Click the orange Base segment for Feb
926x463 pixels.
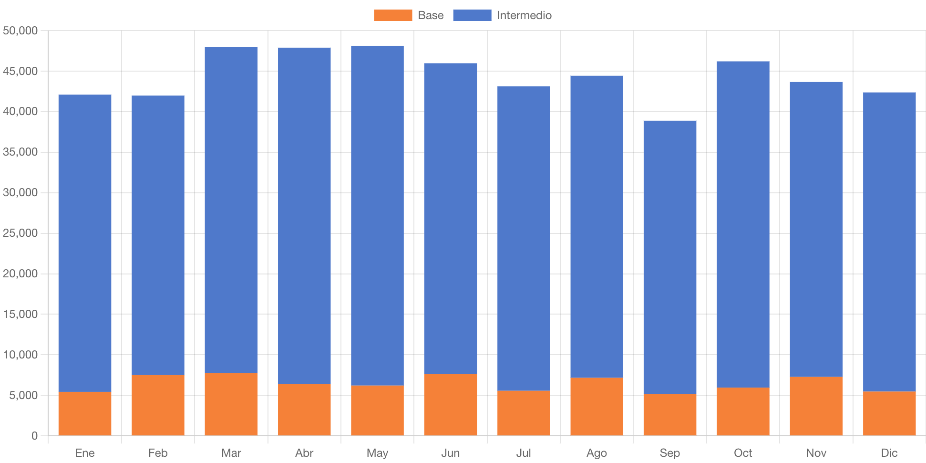[158, 405]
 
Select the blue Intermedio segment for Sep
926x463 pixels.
[669, 257]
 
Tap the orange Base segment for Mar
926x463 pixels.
[231, 404]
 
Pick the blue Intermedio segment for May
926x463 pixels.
[377, 215]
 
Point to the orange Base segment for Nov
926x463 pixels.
[816, 406]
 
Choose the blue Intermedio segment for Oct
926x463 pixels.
[743, 224]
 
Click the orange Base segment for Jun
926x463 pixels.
[451, 404]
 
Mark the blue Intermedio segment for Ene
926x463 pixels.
[85, 243]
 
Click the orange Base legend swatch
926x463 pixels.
[392, 15]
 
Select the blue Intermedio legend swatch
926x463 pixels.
[472, 15]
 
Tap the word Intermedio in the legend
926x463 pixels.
[524, 15]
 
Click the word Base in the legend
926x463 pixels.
[431, 15]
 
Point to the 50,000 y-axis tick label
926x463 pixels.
[20, 31]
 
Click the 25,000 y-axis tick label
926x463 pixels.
[20, 233]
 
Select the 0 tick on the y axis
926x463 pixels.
[34, 435]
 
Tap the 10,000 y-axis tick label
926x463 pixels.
[20, 355]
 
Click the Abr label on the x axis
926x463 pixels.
[304, 452]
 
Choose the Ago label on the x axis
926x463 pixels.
[597, 452]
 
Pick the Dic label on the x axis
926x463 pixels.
[889, 452]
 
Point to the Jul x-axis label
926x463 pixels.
[524, 452]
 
